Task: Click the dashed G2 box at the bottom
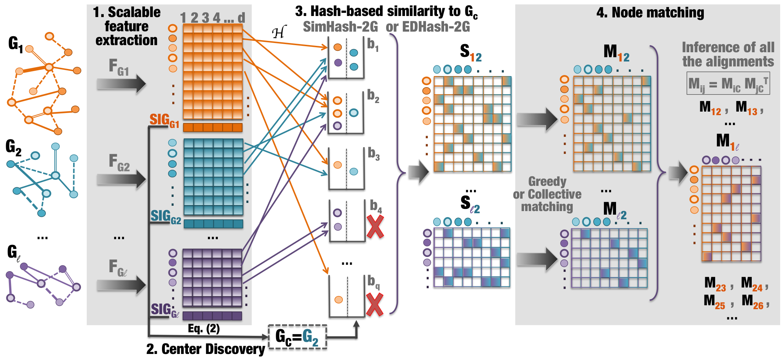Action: pyautogui.click(x=297, y=337)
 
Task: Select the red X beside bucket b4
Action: pyautogui.click(x=375, y=226)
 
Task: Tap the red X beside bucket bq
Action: pyautogui.click(x=374, y=304)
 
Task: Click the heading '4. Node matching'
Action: pyautogui.click(x=650, y=13)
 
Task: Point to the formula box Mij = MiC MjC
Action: pyautogui.click(x=728, y=84)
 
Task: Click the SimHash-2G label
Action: pyautogui.click(x=340, y=27)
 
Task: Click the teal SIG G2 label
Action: pyautogui.click(x=165, y=216)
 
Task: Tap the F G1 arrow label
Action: pyautogui.click(x=119, y=68)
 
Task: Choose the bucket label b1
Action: pyautogui.click(x=373, y=45)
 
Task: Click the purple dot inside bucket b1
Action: pyautogui.click(x=338, y=63)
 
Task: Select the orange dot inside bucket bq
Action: pyautogui.click(x=339, y=300)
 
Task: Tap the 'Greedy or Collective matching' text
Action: pyautogui.click(x=547, y=194)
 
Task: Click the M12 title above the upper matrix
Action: pyautogui.click(x=616, y=52)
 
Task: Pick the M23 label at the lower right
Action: pyautogui.click(x=715, y=284)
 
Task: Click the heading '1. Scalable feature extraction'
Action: pyautogui.click(x=126, y=26)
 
